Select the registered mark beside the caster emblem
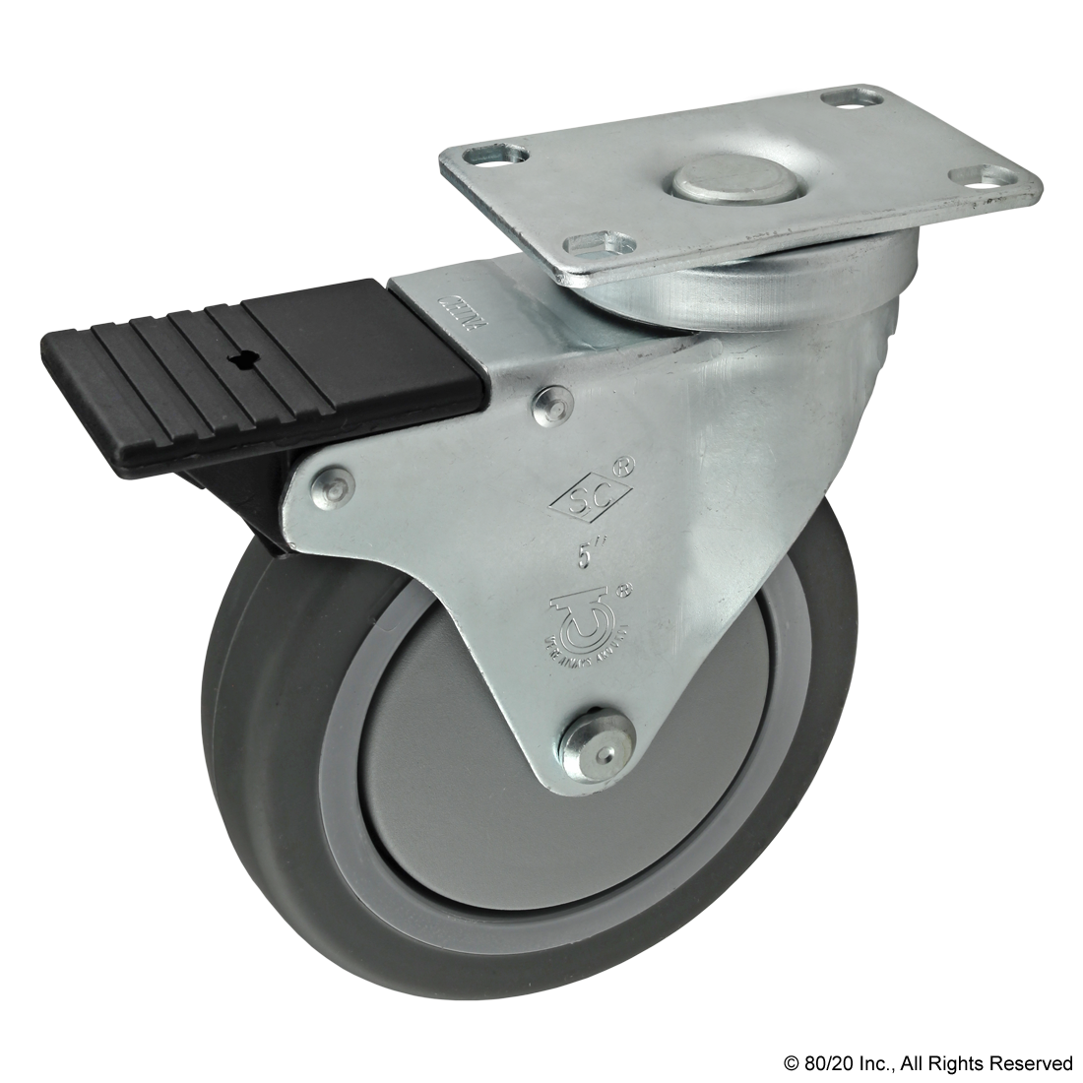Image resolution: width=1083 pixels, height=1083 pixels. pyautogui.click(x=623, y=591)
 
